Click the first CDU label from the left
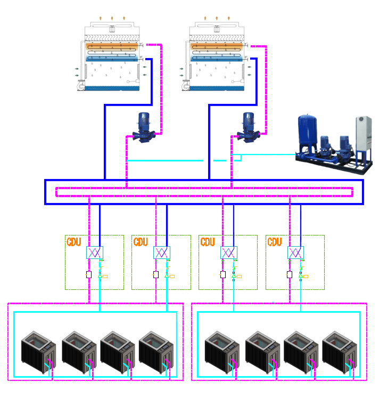(x=73, y=242)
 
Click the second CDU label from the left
(x=141, y=242)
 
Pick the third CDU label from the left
(x=208, y=242)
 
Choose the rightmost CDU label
(x=275, y=242)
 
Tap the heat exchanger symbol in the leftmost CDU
(x=94, y=252)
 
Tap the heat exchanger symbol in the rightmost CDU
(x=295, y=252)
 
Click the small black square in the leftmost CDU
(x=89, y=275)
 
